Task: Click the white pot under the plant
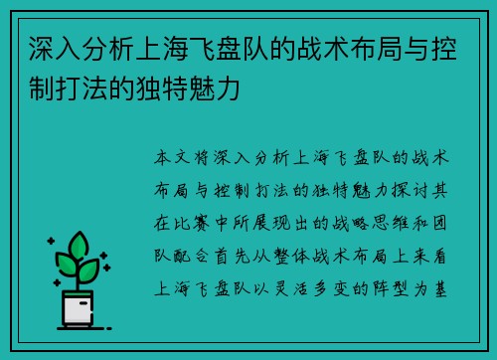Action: (x=78, y=310)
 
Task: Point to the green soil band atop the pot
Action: (x=78, y=289)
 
